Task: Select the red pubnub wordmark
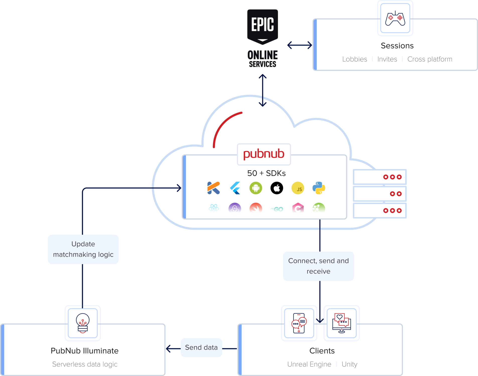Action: pyautogui.click(x=264, y=154)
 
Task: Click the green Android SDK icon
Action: pyautogui.click(x=256, y=188)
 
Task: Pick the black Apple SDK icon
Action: pyautogui.click(x=277, y=188)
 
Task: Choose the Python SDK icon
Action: pyautogui.click(x=319, y=188)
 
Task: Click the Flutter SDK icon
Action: pyautogui.click(x=235, y=188)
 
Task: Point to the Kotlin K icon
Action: pyautogui.click(x=213, y=188)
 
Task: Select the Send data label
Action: pyautogui.click(x=201, y=347)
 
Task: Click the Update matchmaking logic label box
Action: pyautogui.click(x=83, y=249)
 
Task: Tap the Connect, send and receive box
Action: pyautogui.click(x=318, y=266)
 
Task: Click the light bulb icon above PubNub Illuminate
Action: pyautogui.click(x=83, y=323)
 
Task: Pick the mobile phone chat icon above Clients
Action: pyautogui.click(x=299, y=323)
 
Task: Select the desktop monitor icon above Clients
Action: pyautogui.click(x=341, y=323)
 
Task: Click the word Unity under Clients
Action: pyautogui.click(x=349, y=364)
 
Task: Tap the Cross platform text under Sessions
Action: pyautogui.click(x=430, y=59)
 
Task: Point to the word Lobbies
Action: pyautogui.click(x=355, y=59)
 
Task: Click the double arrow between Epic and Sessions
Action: pyautogui.click(x=299, y=45)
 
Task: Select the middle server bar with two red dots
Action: pyautogui.click(x=379, y=194)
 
